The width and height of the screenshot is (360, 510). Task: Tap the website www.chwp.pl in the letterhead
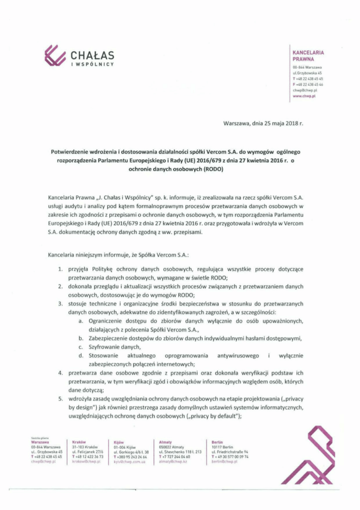[x=304, y=95]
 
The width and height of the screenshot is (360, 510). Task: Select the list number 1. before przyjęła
[x=60, y=270]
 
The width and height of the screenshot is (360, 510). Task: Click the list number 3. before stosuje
[x=60, y=304]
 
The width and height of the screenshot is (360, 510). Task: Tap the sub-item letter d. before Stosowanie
[x=81, y=356]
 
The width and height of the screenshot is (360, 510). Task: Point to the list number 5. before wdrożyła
[x=60, y=399]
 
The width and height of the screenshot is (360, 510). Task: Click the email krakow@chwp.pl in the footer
[x=86, y=462]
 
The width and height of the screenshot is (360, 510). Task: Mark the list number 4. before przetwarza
[x=60, y=373]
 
